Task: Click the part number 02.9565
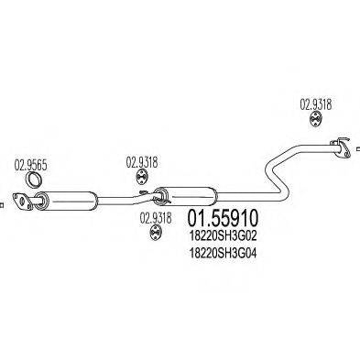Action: tap(32, 165)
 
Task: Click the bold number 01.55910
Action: tap(222, 221)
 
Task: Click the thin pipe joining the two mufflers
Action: tap(124, 197)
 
